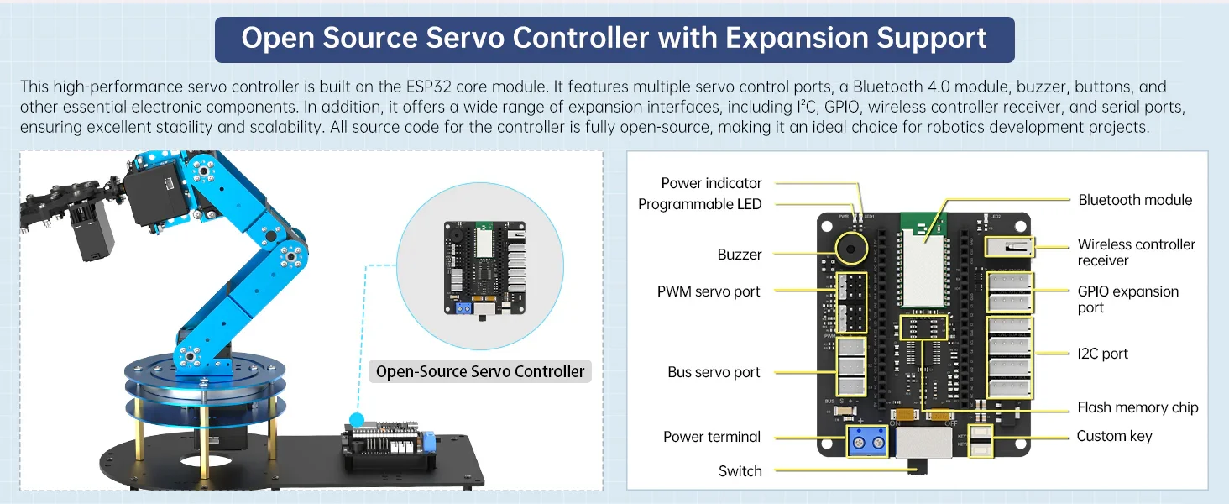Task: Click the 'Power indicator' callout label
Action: click(711, 183)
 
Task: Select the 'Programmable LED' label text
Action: click(699, 204)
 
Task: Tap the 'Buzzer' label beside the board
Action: click(740, 255)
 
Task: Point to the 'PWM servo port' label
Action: click(709, 291)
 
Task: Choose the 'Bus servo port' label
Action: click(714, 372)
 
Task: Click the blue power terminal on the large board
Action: click(869, 441)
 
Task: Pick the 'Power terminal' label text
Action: click(712, 437)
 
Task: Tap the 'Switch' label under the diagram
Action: click(740, 471)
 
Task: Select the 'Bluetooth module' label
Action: click(1135, 200)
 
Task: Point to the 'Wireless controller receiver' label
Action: click(1136, 252)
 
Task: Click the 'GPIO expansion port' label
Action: click(1127, 299)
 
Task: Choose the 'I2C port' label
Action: click(1102, 354)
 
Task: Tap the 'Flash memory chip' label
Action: click(1137, 407)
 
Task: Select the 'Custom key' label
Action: click(1114, 436)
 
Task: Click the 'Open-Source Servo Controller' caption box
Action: click(480, 371)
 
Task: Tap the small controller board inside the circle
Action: click(484, 266)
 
